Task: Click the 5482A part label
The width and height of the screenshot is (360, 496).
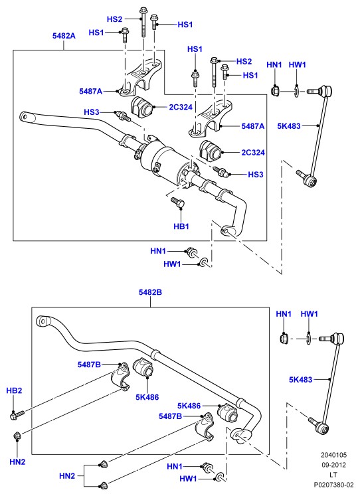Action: click(64, 36)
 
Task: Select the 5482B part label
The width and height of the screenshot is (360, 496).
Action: click(150, 292)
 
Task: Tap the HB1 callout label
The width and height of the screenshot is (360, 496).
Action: click(181, 226)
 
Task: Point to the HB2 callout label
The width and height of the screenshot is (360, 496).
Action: click(14, 390)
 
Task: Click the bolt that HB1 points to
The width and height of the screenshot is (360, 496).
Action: click(177, 203)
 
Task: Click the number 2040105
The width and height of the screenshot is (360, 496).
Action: click(333, 455)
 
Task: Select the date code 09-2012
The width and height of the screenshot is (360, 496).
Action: click(333, 465)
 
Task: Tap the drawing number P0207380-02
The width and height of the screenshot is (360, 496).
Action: click(333, 485)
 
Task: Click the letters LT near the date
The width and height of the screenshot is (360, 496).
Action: click(333, 475)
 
